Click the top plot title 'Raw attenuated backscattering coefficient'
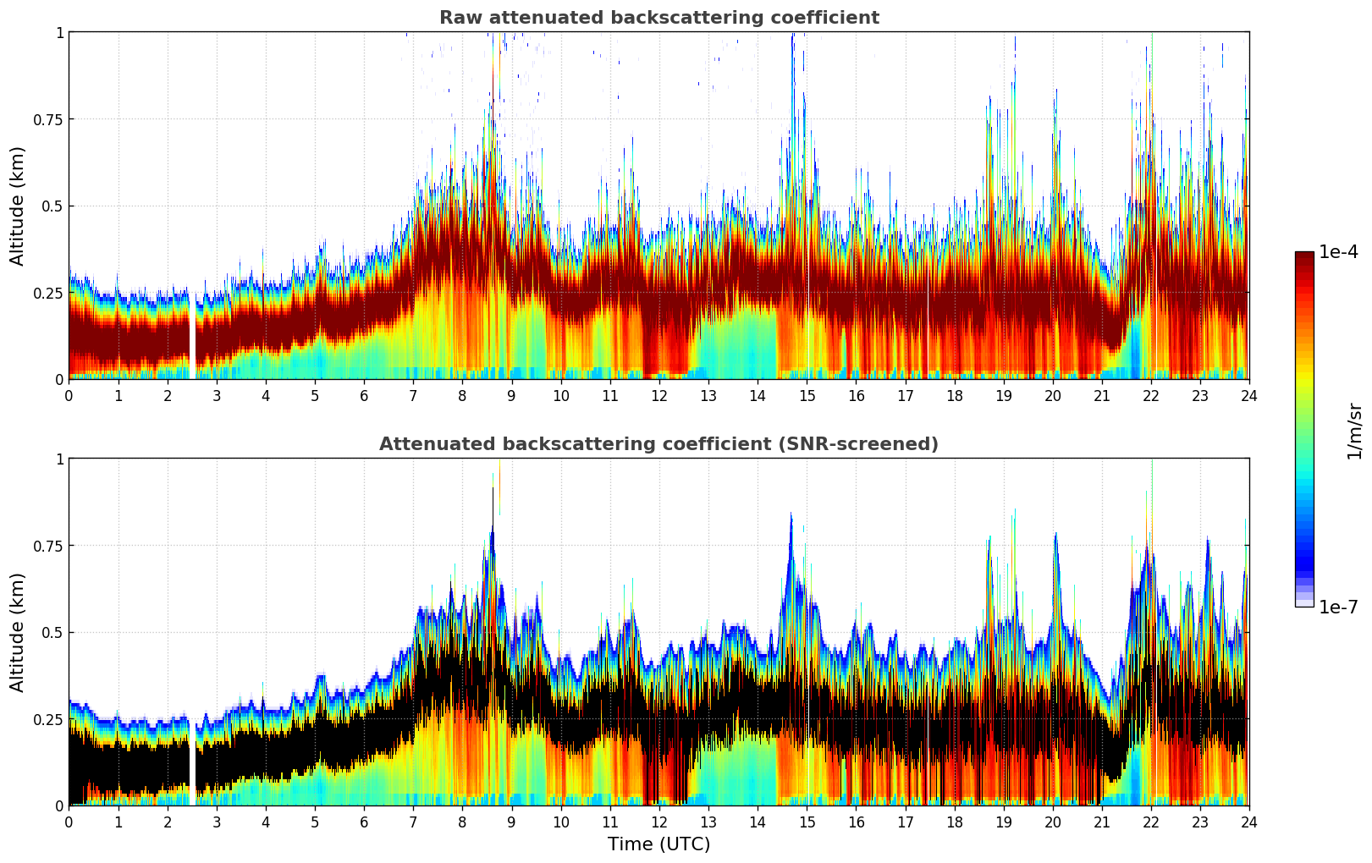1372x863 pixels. coord(658,18)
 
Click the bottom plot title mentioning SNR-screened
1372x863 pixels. coord(658,444)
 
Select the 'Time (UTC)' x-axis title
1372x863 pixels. coord(658,844)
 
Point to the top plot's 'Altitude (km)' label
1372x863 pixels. coord(18,206)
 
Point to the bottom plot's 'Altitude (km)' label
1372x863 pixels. coord(18,632)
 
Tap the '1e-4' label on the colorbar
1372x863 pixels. coord(1338,252)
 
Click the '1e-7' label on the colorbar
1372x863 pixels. coord(1338,607)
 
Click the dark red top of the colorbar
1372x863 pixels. coord(1303,257)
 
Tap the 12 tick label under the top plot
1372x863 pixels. coord(658,395)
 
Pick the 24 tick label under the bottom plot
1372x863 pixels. coord(1248,822)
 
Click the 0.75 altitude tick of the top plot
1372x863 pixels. coord(48,119)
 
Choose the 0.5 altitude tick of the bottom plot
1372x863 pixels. coord(53,632)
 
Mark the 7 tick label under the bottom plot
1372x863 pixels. coord(413,822)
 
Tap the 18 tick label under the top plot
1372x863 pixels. coord(954,395)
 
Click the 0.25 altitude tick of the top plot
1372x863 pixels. coord(48,293)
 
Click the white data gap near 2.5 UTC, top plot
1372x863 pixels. coord(192,338)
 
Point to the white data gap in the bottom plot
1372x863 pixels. coord(192,761)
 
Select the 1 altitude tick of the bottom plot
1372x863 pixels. coord(59,459)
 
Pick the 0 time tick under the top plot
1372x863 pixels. coord(69,395)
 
